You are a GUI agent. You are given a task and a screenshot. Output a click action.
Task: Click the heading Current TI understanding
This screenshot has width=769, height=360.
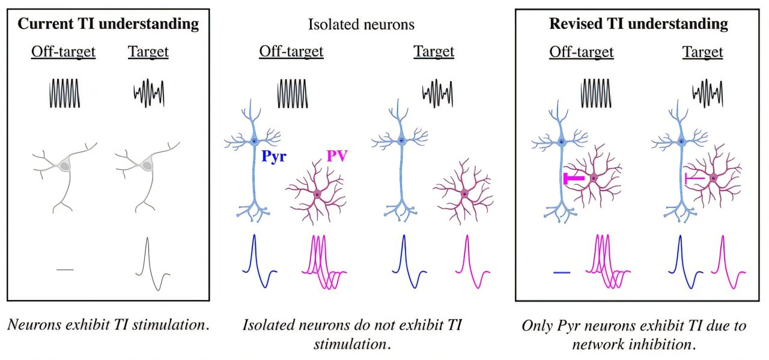coord(108,24)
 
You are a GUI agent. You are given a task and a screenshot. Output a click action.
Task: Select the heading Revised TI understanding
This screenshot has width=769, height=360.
coord(639,24)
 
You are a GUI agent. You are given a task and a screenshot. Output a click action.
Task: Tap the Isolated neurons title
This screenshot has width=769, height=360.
coord(361,25)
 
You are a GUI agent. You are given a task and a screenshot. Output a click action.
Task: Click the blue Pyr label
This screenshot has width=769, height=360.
coord(274,157)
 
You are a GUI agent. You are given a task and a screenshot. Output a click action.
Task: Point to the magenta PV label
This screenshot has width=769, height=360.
coord(336,157)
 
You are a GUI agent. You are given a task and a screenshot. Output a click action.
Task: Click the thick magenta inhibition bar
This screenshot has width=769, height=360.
coord(574,178)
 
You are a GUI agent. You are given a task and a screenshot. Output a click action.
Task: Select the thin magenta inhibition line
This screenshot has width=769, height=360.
coord(695,178)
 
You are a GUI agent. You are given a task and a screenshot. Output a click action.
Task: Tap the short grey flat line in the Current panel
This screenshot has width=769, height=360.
coord(65,269)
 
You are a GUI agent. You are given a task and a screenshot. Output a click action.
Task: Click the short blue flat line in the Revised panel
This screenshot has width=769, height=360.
coord(561,272)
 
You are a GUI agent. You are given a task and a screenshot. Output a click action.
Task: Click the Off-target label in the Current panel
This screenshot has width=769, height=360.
coord(63,52)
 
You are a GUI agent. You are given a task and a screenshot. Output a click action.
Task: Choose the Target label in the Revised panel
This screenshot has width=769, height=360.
coord(702,52)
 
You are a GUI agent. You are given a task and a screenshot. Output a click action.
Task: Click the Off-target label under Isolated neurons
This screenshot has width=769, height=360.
coord(291,52)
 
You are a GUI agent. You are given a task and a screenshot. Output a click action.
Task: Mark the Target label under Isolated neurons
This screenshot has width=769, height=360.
coord(434,52)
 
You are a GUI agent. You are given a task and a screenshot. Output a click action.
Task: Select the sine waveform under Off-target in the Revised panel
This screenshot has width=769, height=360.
coord(597,93)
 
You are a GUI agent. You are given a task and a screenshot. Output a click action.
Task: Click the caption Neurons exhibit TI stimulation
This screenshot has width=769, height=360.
coord(109,326)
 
